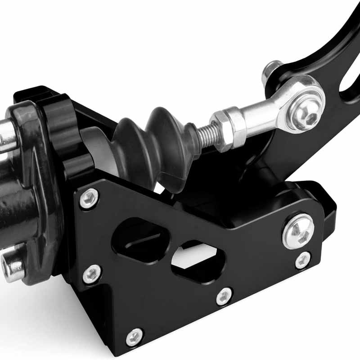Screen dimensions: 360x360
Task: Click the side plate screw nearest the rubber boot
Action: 89,198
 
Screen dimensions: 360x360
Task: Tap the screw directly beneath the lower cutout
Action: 224,296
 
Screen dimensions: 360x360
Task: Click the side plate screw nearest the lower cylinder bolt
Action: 92,274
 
